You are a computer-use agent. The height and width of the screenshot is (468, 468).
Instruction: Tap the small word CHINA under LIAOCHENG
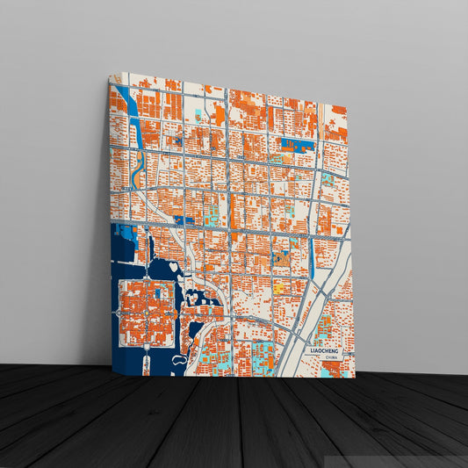(330, 357)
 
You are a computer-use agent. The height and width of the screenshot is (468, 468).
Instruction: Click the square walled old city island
(147, 313)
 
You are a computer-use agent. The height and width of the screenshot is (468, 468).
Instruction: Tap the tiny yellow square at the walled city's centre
(148, 313)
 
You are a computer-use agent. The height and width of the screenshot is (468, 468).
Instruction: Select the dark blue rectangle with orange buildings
(298, 144)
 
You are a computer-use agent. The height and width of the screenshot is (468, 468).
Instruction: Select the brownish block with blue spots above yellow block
(281, 260)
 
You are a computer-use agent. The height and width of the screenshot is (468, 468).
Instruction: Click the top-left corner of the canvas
(110, 76)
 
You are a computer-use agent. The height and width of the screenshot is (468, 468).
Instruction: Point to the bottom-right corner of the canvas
(355, 378)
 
